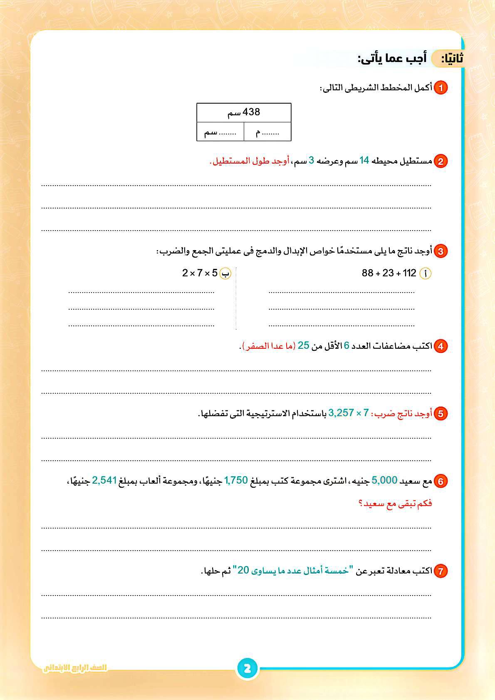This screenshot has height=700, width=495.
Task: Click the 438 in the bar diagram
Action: [x=251, y=112]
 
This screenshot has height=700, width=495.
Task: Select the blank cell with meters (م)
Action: [x=267, y=132]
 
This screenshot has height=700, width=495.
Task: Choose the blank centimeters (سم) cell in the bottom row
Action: [x=220, y=132]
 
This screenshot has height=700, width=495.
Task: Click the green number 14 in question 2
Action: [x=364, y=161]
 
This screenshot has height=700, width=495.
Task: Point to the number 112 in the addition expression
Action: [x=409, y=273]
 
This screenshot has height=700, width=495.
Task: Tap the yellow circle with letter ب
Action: [x=225, y=273]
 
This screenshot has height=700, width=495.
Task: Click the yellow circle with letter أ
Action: [x=426, y=273]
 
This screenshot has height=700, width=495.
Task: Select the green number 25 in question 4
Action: [x=304, y=345]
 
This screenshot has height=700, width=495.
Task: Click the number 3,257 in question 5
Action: [x=341, y=413]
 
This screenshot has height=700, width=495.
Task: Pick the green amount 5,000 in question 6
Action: [x=385, y=480]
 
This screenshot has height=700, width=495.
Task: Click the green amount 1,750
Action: [x=236, y=480]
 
